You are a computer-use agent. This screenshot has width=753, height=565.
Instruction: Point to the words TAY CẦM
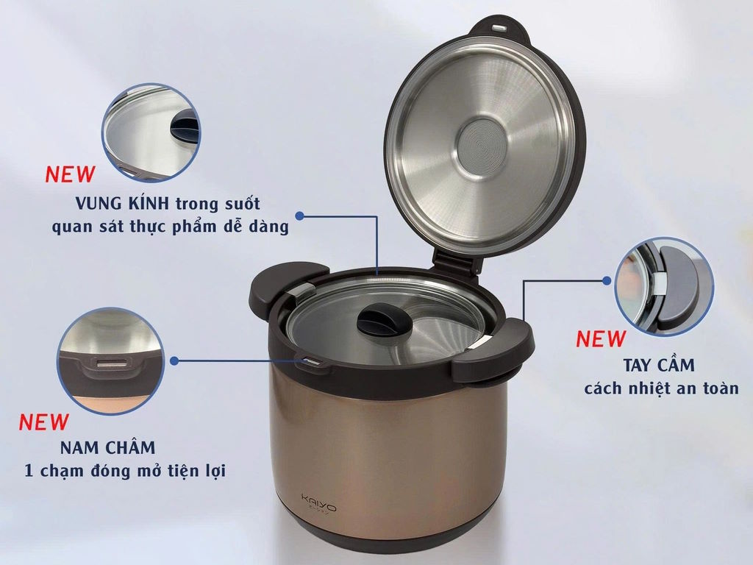click(659, 365)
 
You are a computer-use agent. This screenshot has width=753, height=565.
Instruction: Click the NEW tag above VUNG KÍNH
click(70, 175)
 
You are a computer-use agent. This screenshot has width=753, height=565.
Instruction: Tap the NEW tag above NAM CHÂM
click(43, 423)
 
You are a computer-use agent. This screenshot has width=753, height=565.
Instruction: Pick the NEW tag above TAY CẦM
click(601, 339)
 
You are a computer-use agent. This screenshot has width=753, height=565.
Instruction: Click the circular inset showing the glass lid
click(151, 132)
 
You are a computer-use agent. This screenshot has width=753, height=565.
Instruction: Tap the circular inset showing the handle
click(663, 287)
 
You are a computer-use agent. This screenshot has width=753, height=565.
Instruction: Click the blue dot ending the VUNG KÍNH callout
click(300, 216)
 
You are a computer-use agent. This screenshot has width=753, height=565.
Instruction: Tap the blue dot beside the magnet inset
click(174, 360)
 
